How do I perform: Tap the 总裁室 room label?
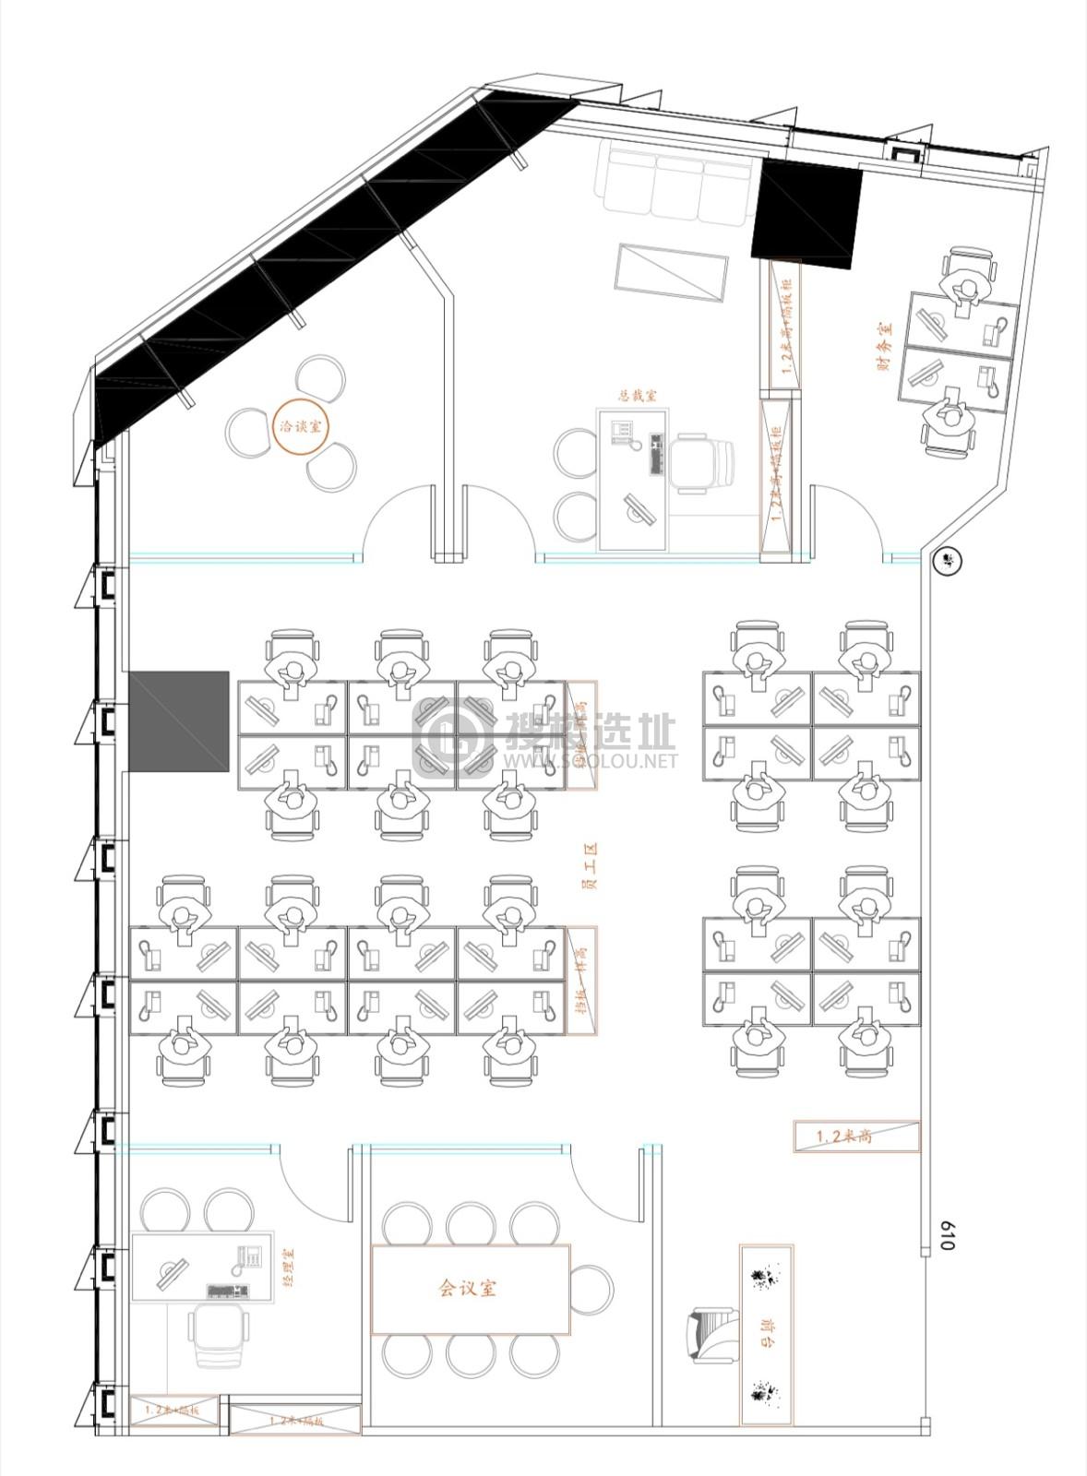(x=638, y=395)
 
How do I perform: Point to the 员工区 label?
(x=589, y=864)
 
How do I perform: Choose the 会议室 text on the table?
(x=468, y=1288)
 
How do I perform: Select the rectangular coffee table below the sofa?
(x=672, y=270)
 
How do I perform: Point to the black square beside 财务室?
(x=806, y=213)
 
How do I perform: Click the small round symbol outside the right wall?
(x=947, y=560)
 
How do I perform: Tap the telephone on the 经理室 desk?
(x=248, y=1258)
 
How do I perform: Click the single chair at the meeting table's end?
(x=591, y=1289)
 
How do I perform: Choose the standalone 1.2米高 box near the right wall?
(x=857, y=1137)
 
